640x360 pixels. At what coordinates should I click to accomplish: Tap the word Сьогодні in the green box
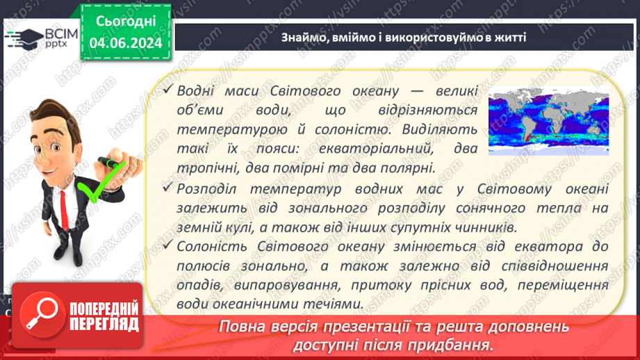(x=125, y=22)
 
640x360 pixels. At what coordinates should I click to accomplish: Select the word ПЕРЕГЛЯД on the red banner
(x=102, y=324)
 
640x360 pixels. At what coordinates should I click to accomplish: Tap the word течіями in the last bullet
(x=338, y=303)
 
